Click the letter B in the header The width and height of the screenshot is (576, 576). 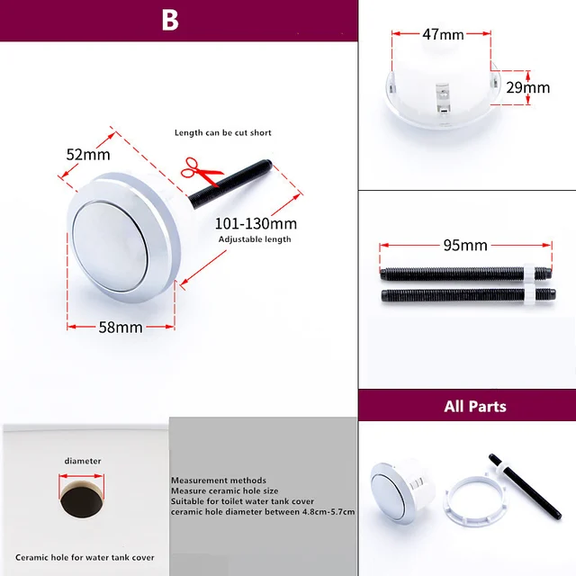[170, 21]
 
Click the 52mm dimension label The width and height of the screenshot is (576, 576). [88, 154]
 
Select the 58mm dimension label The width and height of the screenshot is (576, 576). [120, 327]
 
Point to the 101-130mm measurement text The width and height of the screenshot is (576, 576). [255, 223]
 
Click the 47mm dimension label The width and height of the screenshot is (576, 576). [442, 34]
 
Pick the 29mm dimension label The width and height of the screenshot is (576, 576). [527, 87]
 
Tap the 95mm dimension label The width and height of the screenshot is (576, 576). [465, 245]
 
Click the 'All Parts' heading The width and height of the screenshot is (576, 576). [474, 406]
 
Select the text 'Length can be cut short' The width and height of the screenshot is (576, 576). [222, 133]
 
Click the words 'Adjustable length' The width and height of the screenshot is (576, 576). [255, 239]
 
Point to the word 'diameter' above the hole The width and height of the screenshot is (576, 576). [82, 461]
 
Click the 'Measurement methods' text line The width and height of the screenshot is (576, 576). [219, 480]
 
